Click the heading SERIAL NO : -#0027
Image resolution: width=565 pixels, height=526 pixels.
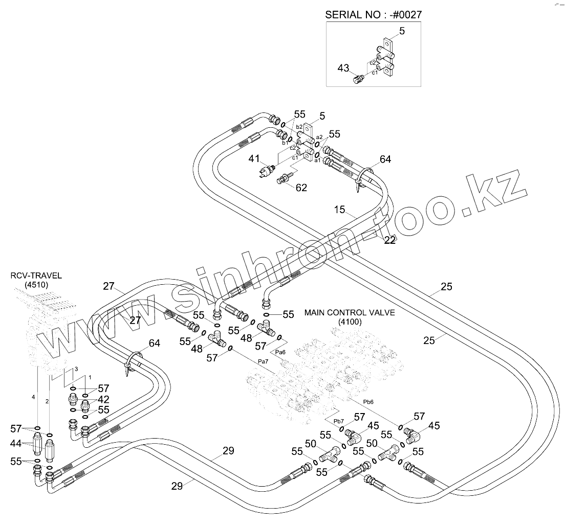[x=374, y=15]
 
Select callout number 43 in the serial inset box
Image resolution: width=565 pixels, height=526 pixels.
[x=343, y=67]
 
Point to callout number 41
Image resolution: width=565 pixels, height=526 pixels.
[x=254, y=159]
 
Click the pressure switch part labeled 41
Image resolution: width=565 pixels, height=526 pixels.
[x=267, y=172]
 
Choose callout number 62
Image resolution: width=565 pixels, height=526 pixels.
[x=301, y=188]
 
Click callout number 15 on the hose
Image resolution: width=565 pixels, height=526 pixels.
[x=340, y=210]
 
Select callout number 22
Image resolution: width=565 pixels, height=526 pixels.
[x=390, y=240]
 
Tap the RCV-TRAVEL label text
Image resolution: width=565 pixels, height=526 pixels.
[x=36, y=276]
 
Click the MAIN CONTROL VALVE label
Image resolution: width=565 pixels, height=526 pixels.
[x=350, y=312]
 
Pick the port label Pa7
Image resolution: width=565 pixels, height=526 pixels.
[x=264, y=362]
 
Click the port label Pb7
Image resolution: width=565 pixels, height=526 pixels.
[x=338, y=421]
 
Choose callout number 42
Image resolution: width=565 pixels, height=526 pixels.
[x=103, y=399]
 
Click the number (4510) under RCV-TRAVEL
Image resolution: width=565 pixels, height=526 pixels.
[x=36, y=285]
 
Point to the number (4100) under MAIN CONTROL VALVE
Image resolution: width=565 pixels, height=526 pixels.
[x=350, y=322]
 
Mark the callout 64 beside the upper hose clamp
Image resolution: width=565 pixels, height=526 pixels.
[x=385, y=159]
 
